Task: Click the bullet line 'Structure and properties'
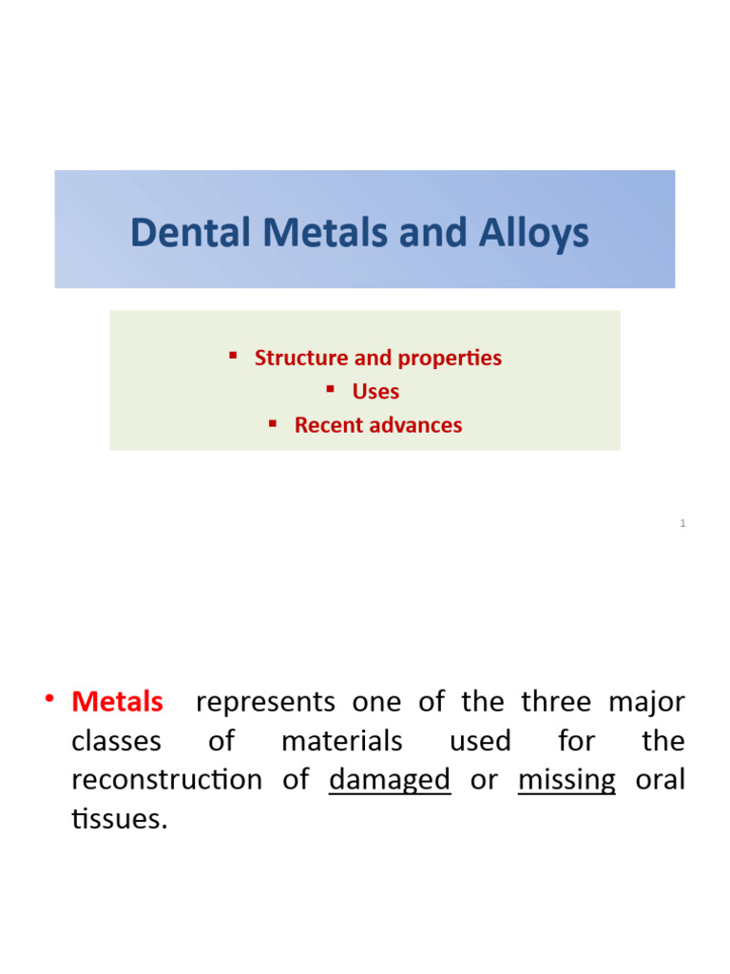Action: click(377, 358)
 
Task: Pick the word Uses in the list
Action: click(375, 391)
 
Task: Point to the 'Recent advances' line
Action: click(378, 425)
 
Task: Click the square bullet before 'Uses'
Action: click(331, 388)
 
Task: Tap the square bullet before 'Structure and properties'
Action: click(233, 355)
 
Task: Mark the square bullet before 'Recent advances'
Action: click(273, 422)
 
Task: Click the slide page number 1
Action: click(682, 523)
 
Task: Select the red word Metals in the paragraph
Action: click(117, 702)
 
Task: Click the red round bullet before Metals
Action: click(48, 701)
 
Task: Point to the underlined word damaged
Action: click(390, 780)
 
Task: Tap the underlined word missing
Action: click(567, 780)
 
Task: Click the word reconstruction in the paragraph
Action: click(167, 780)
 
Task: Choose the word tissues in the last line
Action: click(119, 819)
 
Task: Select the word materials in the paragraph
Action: click(341, 741)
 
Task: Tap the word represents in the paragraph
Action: click(265, 702)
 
